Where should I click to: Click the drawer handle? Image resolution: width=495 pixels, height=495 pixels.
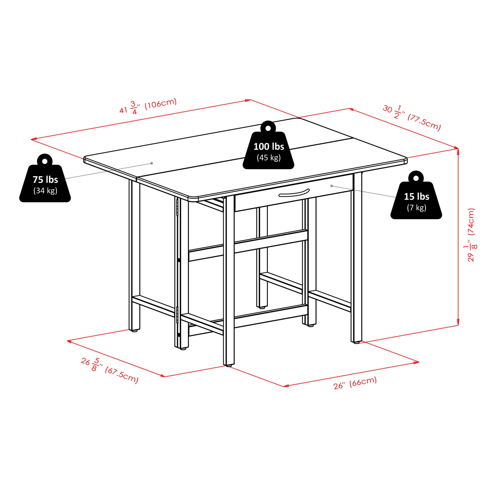click(294, 193)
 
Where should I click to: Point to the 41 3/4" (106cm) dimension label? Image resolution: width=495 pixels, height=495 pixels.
click(148, 106)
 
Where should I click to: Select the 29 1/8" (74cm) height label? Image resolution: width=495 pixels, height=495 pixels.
click(472, 235)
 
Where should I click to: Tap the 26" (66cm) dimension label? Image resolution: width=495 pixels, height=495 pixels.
click(355, 383)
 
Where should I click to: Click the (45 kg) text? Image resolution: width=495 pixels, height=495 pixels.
click(269, 158)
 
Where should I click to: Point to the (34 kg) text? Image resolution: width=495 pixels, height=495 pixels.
click(45, 191)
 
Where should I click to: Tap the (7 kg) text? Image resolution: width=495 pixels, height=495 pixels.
click(416, 208)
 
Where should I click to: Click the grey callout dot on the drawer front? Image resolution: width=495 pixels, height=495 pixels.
click(332, 186)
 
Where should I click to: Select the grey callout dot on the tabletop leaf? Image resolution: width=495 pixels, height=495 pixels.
click(152, 163)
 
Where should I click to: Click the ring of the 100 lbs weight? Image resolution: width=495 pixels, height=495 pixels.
click(268, 127)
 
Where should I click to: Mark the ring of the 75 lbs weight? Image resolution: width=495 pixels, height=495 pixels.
click(45, 161)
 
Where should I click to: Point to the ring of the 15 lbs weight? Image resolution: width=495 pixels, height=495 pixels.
click(416, 178)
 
